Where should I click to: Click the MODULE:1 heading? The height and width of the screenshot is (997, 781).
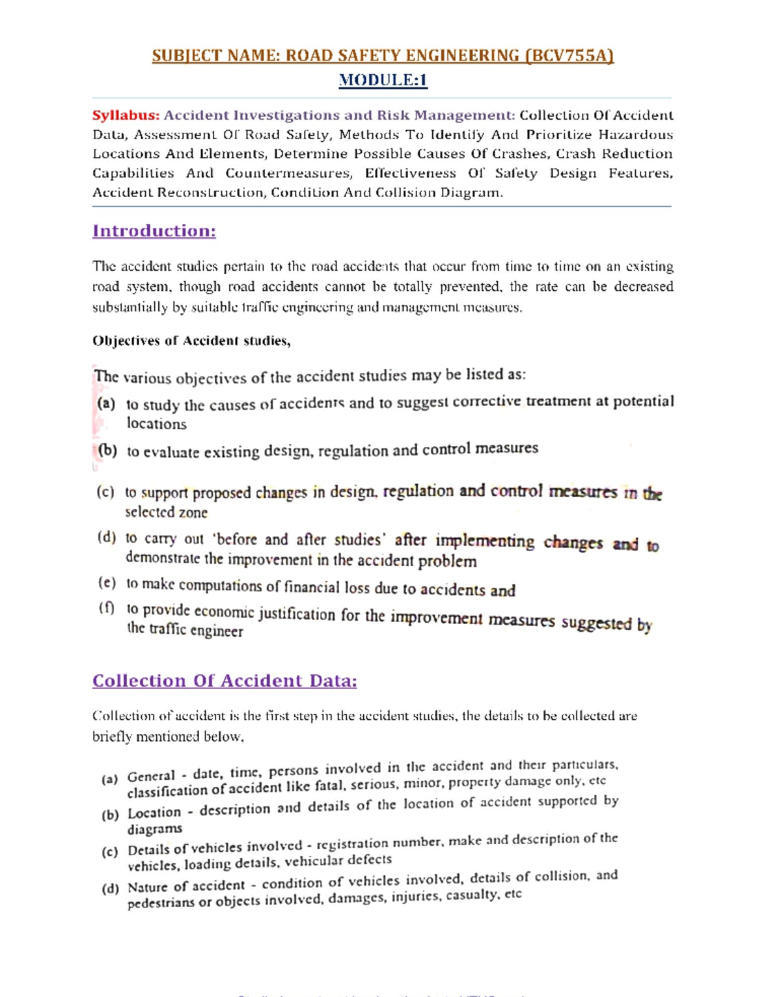(x=383, y=80)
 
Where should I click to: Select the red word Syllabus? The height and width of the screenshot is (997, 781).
(x=126, y=115)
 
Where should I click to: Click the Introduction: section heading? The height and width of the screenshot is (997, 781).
(x=154, y=231)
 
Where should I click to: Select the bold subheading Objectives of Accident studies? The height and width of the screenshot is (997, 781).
(x=191, y=341)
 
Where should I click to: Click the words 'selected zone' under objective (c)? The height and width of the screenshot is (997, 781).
(x=166, y=512)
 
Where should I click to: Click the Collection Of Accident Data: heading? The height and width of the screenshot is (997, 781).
(x=225, y=681)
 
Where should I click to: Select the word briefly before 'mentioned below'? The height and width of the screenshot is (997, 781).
(x=112, y=737)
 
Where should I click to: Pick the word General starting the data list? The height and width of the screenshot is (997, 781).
(x=151, y=776)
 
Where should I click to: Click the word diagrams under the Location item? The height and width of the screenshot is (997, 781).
(x=154, y=828)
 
